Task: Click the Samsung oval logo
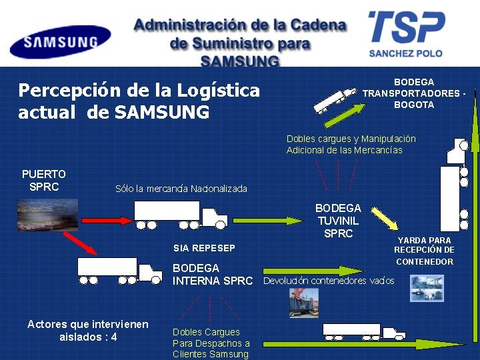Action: (x=60, y=41)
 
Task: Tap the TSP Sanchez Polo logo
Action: (x=407, y=33)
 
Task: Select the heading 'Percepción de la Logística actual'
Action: (x=139, y=101)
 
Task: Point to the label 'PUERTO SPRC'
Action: (x=44, y=180)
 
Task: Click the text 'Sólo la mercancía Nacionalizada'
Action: (x=181, y=189)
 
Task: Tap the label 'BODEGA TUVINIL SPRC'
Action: (x=338, y=221)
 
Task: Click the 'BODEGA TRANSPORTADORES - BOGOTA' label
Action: (x=414, y=93)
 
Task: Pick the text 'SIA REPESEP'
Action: (x=204, y=248)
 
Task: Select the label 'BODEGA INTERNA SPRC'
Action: (x=213, y=275)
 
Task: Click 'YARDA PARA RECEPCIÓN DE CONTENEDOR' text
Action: (x=424, y=251)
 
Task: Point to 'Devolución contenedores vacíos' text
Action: (x=329, y=281)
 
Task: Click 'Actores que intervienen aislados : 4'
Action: (x=87, y=331)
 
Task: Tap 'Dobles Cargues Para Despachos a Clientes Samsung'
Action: (x=211, y=343)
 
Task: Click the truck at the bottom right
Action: (x=363, y=330)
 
